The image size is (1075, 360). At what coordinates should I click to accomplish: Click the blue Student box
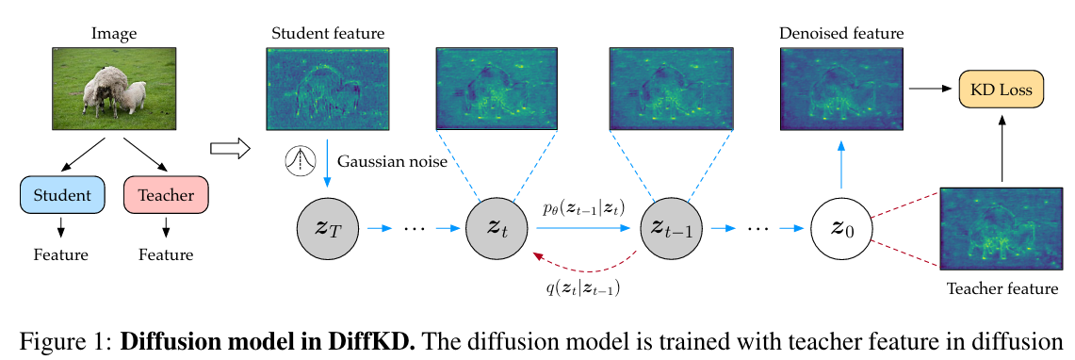pos(61,195)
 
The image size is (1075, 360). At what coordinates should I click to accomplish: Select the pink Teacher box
pos(166,195)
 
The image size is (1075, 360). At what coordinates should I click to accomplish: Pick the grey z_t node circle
pos(493,228)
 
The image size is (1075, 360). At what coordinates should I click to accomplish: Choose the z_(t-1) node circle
pos(666,228)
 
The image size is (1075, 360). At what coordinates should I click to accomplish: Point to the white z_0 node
pos(839,228)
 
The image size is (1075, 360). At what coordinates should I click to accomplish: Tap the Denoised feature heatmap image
pos(840,89)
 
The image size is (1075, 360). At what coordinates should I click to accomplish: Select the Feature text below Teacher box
pos(166,254)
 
